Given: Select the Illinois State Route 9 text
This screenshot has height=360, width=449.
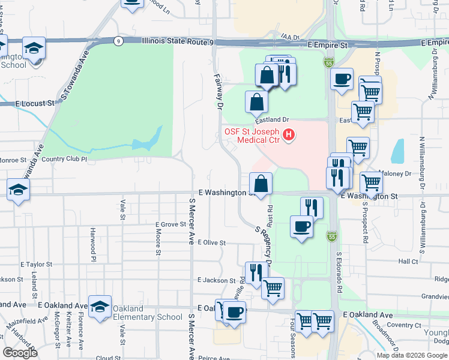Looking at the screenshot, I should click(178, 41).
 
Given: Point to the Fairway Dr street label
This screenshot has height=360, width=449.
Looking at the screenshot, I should click(218, 92).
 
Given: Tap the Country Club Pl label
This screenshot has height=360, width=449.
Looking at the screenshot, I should click(65, 160).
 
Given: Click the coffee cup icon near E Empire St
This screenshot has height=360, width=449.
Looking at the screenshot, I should click(342, 79).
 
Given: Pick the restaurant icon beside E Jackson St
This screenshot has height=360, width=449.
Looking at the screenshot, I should click(256, 272).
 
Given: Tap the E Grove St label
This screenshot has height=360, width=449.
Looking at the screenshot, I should click(170, 224).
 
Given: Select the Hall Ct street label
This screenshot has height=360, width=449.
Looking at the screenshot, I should click(408, 262).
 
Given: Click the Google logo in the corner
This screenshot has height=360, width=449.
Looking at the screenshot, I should click(20, 353).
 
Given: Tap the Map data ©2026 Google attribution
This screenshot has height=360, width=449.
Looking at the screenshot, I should click(412, 355).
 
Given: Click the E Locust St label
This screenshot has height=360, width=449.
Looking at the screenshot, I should click(35, 103).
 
